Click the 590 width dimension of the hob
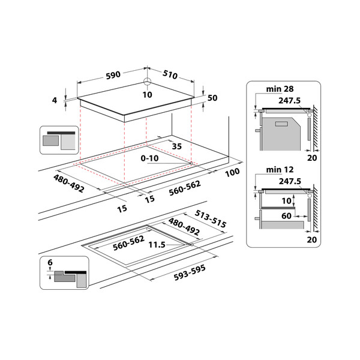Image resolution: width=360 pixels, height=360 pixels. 113,75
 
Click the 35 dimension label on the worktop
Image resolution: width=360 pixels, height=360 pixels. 176,146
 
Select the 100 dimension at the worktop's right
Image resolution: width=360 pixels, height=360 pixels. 232,172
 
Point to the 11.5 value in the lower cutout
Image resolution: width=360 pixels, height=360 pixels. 158,245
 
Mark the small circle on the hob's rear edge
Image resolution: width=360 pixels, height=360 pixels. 147,83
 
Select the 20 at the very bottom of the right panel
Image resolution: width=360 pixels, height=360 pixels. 311,239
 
